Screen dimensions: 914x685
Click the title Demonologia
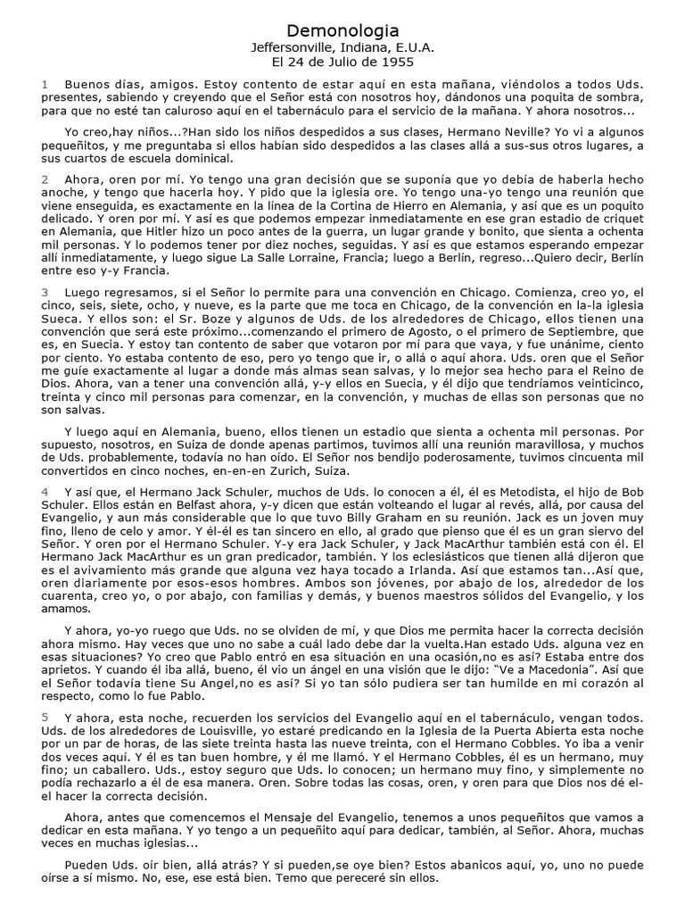342,31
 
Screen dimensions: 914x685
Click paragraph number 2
45,179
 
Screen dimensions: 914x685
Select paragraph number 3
45,292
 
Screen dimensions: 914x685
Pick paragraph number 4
45,492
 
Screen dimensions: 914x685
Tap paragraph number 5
45,692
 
